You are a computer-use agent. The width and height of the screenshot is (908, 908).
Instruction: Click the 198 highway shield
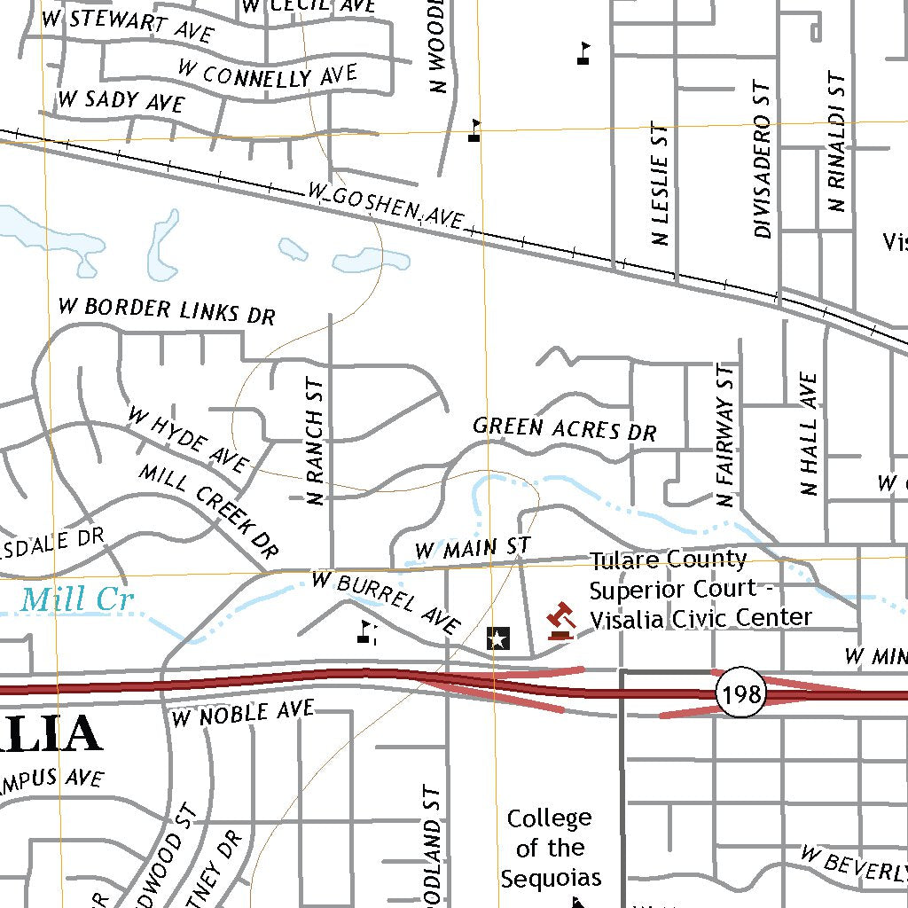pos(741,694)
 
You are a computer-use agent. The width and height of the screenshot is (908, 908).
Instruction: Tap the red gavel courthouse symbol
pos(560,621)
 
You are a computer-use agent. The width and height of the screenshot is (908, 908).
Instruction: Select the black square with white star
pos(498,638)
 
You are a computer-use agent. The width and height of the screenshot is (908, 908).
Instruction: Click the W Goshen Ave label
pos(386,205)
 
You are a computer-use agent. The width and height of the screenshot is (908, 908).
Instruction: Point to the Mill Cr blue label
pos(77,600)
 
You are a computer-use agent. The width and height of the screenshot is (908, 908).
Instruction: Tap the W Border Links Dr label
pos(167,311)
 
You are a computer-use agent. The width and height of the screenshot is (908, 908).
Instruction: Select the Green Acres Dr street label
pos(565,429)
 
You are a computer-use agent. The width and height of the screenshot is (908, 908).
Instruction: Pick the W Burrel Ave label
pos(386,603)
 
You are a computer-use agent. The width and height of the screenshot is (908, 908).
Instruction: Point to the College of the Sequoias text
pos(550,848)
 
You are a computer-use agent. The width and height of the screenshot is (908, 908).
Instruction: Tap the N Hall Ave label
pos(809,434)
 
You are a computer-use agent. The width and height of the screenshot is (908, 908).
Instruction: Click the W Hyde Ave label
pos(188,439)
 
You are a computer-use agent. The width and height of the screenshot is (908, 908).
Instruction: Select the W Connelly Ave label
pos(267,74)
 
